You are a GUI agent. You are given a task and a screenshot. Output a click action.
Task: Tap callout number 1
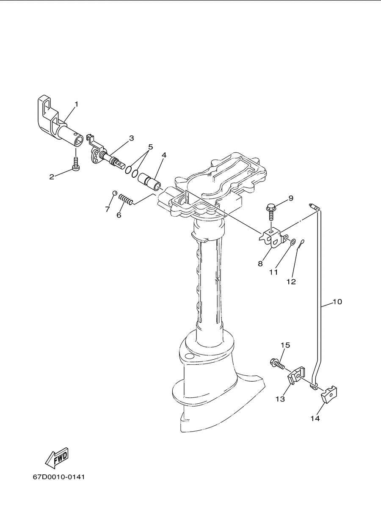click(x=76, y=104)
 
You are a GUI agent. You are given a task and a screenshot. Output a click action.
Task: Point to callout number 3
click(x=131, y=138)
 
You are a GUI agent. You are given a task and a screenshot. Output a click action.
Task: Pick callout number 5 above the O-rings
click(x=150, y=147)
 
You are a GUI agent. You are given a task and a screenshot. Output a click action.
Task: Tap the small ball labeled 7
click(x=115, y=193)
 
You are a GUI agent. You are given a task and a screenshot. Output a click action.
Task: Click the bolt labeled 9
click(x=271, y=212)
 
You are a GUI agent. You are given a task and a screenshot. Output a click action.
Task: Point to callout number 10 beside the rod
click(x=337, y=302)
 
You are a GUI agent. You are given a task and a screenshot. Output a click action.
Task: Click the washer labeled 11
click(x=293, y=242)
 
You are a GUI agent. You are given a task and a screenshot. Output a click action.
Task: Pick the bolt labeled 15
click(x=277, y=369)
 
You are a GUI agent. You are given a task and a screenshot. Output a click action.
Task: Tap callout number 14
click(x=315, y=418)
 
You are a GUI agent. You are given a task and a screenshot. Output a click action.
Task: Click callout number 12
click(x=291, y=281)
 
